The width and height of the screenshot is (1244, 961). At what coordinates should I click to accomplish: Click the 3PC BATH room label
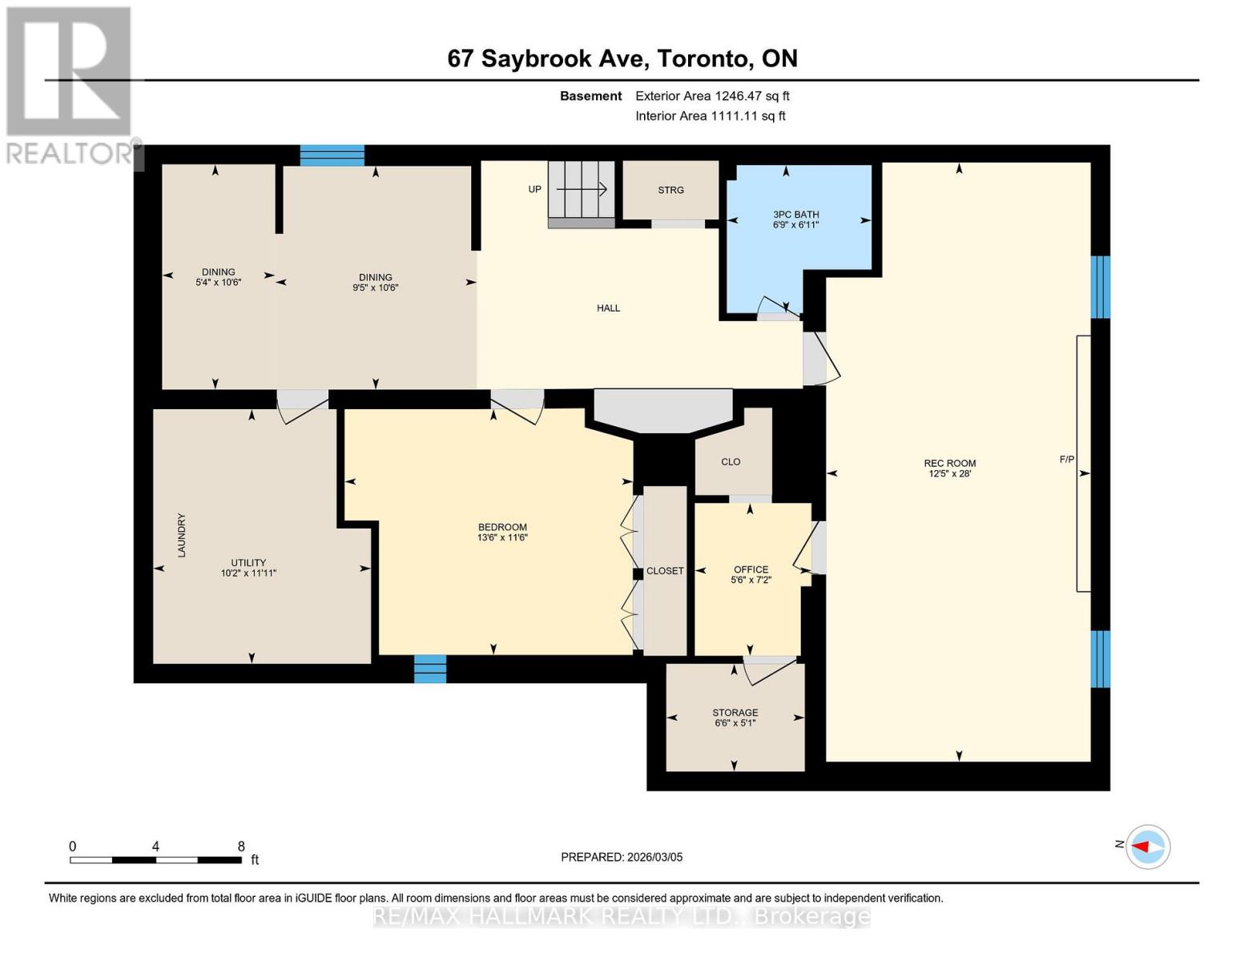click(795, 215)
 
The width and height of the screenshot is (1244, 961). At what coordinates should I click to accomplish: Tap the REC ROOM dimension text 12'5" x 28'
click(949, 473)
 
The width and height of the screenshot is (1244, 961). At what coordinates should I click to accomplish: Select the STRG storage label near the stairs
click(670, 190)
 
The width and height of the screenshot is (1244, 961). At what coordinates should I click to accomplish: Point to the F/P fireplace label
click(1066, 460)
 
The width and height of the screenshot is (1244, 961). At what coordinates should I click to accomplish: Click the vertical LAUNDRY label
click(182, 535)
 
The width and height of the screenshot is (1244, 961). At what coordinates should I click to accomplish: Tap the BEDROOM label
click(502, 527)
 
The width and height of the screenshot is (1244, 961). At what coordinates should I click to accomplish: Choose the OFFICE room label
click(751, 569)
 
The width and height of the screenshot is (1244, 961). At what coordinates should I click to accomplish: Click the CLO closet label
click(731, 462)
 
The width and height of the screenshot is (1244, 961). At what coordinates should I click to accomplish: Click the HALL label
click(608, 308)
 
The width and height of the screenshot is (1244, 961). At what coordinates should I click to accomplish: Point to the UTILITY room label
click(248, 563)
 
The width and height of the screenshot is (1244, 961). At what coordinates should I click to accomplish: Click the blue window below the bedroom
click(430, 669)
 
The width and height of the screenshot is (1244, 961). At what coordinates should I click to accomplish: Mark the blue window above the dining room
click(332, 155)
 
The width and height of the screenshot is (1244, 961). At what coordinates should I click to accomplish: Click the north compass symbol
click(1148, 846)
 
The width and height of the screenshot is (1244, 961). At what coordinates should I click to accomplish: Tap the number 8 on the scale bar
click(241, 846)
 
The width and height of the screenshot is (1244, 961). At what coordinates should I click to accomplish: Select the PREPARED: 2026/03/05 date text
click(622, 857)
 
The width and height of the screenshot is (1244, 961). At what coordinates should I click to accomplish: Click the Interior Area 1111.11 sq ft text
click(710, 116)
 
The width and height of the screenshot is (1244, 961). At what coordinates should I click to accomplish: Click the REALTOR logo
click(69, 84)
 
